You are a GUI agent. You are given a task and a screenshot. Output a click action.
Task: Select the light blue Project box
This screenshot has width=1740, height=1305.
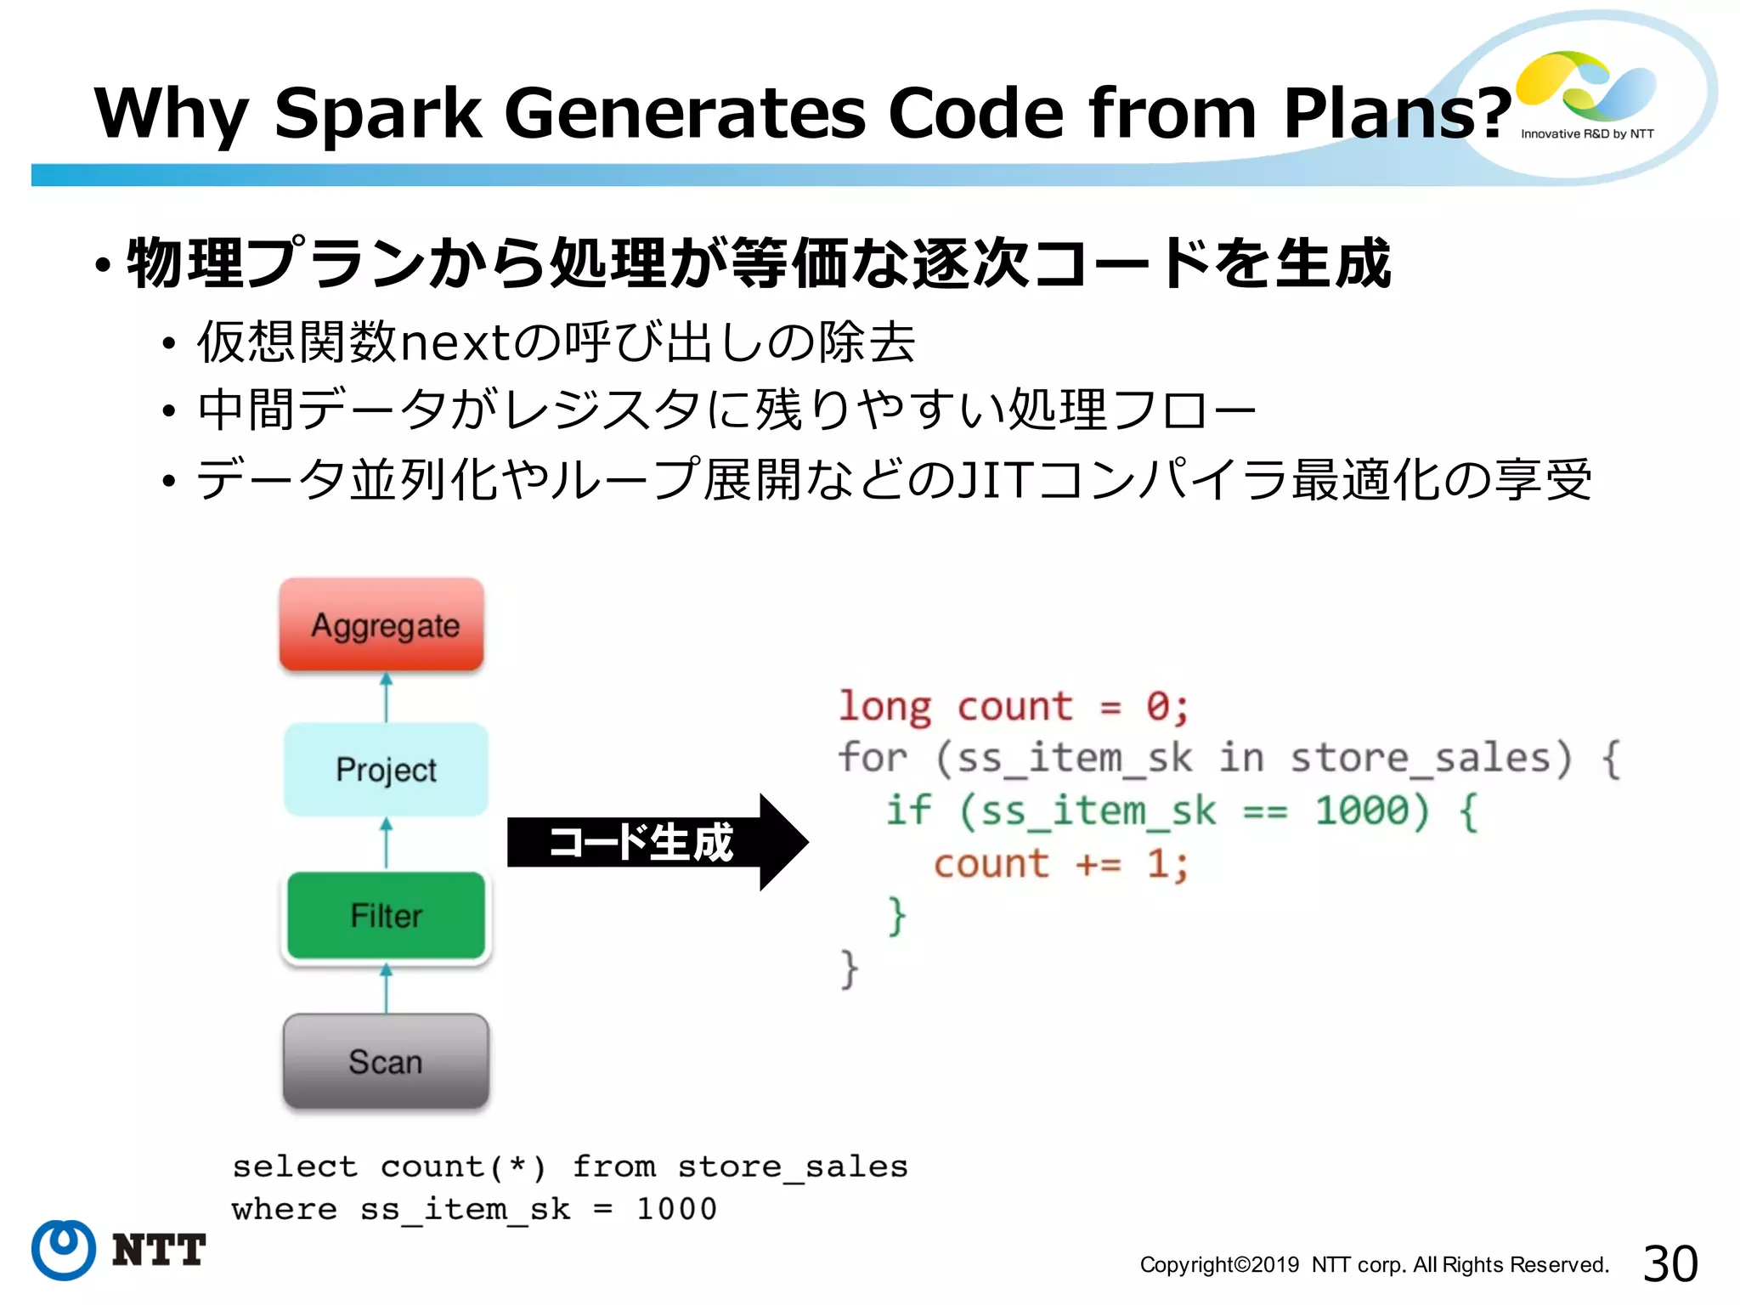point(386,769)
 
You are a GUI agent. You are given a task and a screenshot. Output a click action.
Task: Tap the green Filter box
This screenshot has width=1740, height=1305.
point(386,915)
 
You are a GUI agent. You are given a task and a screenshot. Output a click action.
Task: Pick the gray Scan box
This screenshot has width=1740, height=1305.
point(386,1061)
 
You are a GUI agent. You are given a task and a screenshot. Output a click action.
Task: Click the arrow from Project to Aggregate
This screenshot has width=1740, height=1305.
point(387,698)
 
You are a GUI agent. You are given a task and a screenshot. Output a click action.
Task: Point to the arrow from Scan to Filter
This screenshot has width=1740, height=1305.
point(387,989)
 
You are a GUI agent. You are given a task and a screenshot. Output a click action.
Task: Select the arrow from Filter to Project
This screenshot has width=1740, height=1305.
point(387,843)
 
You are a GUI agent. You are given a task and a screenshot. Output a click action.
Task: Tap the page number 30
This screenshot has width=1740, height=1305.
point(1669,1263)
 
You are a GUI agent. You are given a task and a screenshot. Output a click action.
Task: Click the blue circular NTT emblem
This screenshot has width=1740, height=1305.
point(64,1250)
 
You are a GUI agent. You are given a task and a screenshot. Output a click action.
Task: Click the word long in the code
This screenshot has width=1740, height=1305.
point(884,707)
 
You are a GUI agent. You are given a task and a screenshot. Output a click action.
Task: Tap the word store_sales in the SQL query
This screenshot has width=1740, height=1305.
point(793,1167)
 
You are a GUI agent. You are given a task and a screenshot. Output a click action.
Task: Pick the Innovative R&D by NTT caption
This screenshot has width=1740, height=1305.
point(1587,134)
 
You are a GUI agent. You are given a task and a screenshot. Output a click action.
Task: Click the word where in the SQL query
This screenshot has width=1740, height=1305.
point(284,1209)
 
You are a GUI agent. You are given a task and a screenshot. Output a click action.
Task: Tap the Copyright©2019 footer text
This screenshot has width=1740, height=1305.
point(1219,1265)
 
